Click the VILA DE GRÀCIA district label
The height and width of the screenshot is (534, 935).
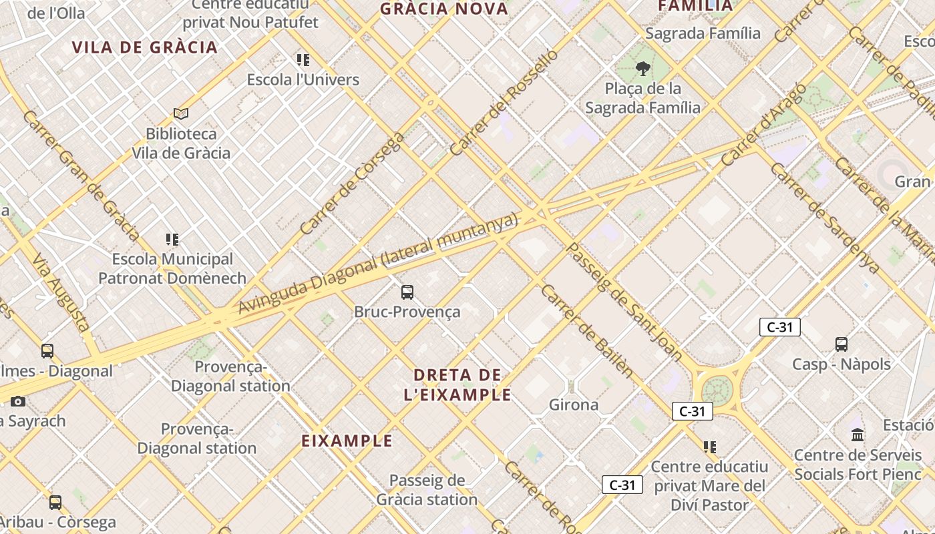(145, 47)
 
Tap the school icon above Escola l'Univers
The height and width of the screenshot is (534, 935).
(303, 60)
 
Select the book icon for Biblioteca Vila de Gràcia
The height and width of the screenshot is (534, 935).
(180, 113)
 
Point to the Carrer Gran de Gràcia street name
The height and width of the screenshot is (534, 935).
(81, 176)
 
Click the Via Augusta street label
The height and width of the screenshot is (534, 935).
(60, 293)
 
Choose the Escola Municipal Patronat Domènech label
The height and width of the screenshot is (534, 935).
(172, 268)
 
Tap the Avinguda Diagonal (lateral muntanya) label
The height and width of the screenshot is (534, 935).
(378, 264)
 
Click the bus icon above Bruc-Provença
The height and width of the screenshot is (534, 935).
(407, 292)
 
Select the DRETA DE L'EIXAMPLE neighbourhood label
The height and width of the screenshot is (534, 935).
(457, 384)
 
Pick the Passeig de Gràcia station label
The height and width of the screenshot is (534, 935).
(427, 489)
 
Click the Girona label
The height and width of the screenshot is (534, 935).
(574, 405)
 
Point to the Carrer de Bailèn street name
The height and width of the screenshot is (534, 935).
(586, 331)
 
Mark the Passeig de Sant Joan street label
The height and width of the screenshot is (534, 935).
(624, 302)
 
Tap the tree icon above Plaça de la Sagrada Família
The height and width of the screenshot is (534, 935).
(643, 68)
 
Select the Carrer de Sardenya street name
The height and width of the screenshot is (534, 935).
(825, 217)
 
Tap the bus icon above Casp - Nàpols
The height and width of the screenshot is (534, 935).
(841, 344)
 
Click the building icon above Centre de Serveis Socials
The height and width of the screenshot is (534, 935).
(858, 435)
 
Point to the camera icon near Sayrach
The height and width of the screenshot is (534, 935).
(18, 401)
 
